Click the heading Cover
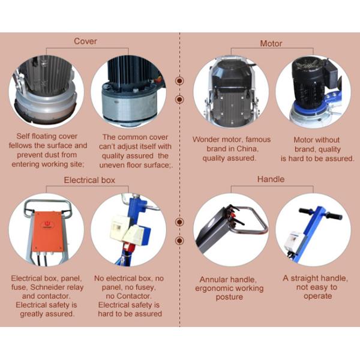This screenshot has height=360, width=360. pos(85,41)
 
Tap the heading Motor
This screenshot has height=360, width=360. pos(271,43)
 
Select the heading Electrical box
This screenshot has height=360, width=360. pos(89,180)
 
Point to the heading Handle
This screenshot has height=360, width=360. pos(271,179)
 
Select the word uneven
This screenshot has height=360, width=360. pos(112,166)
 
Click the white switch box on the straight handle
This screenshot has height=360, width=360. pos(293,242)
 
